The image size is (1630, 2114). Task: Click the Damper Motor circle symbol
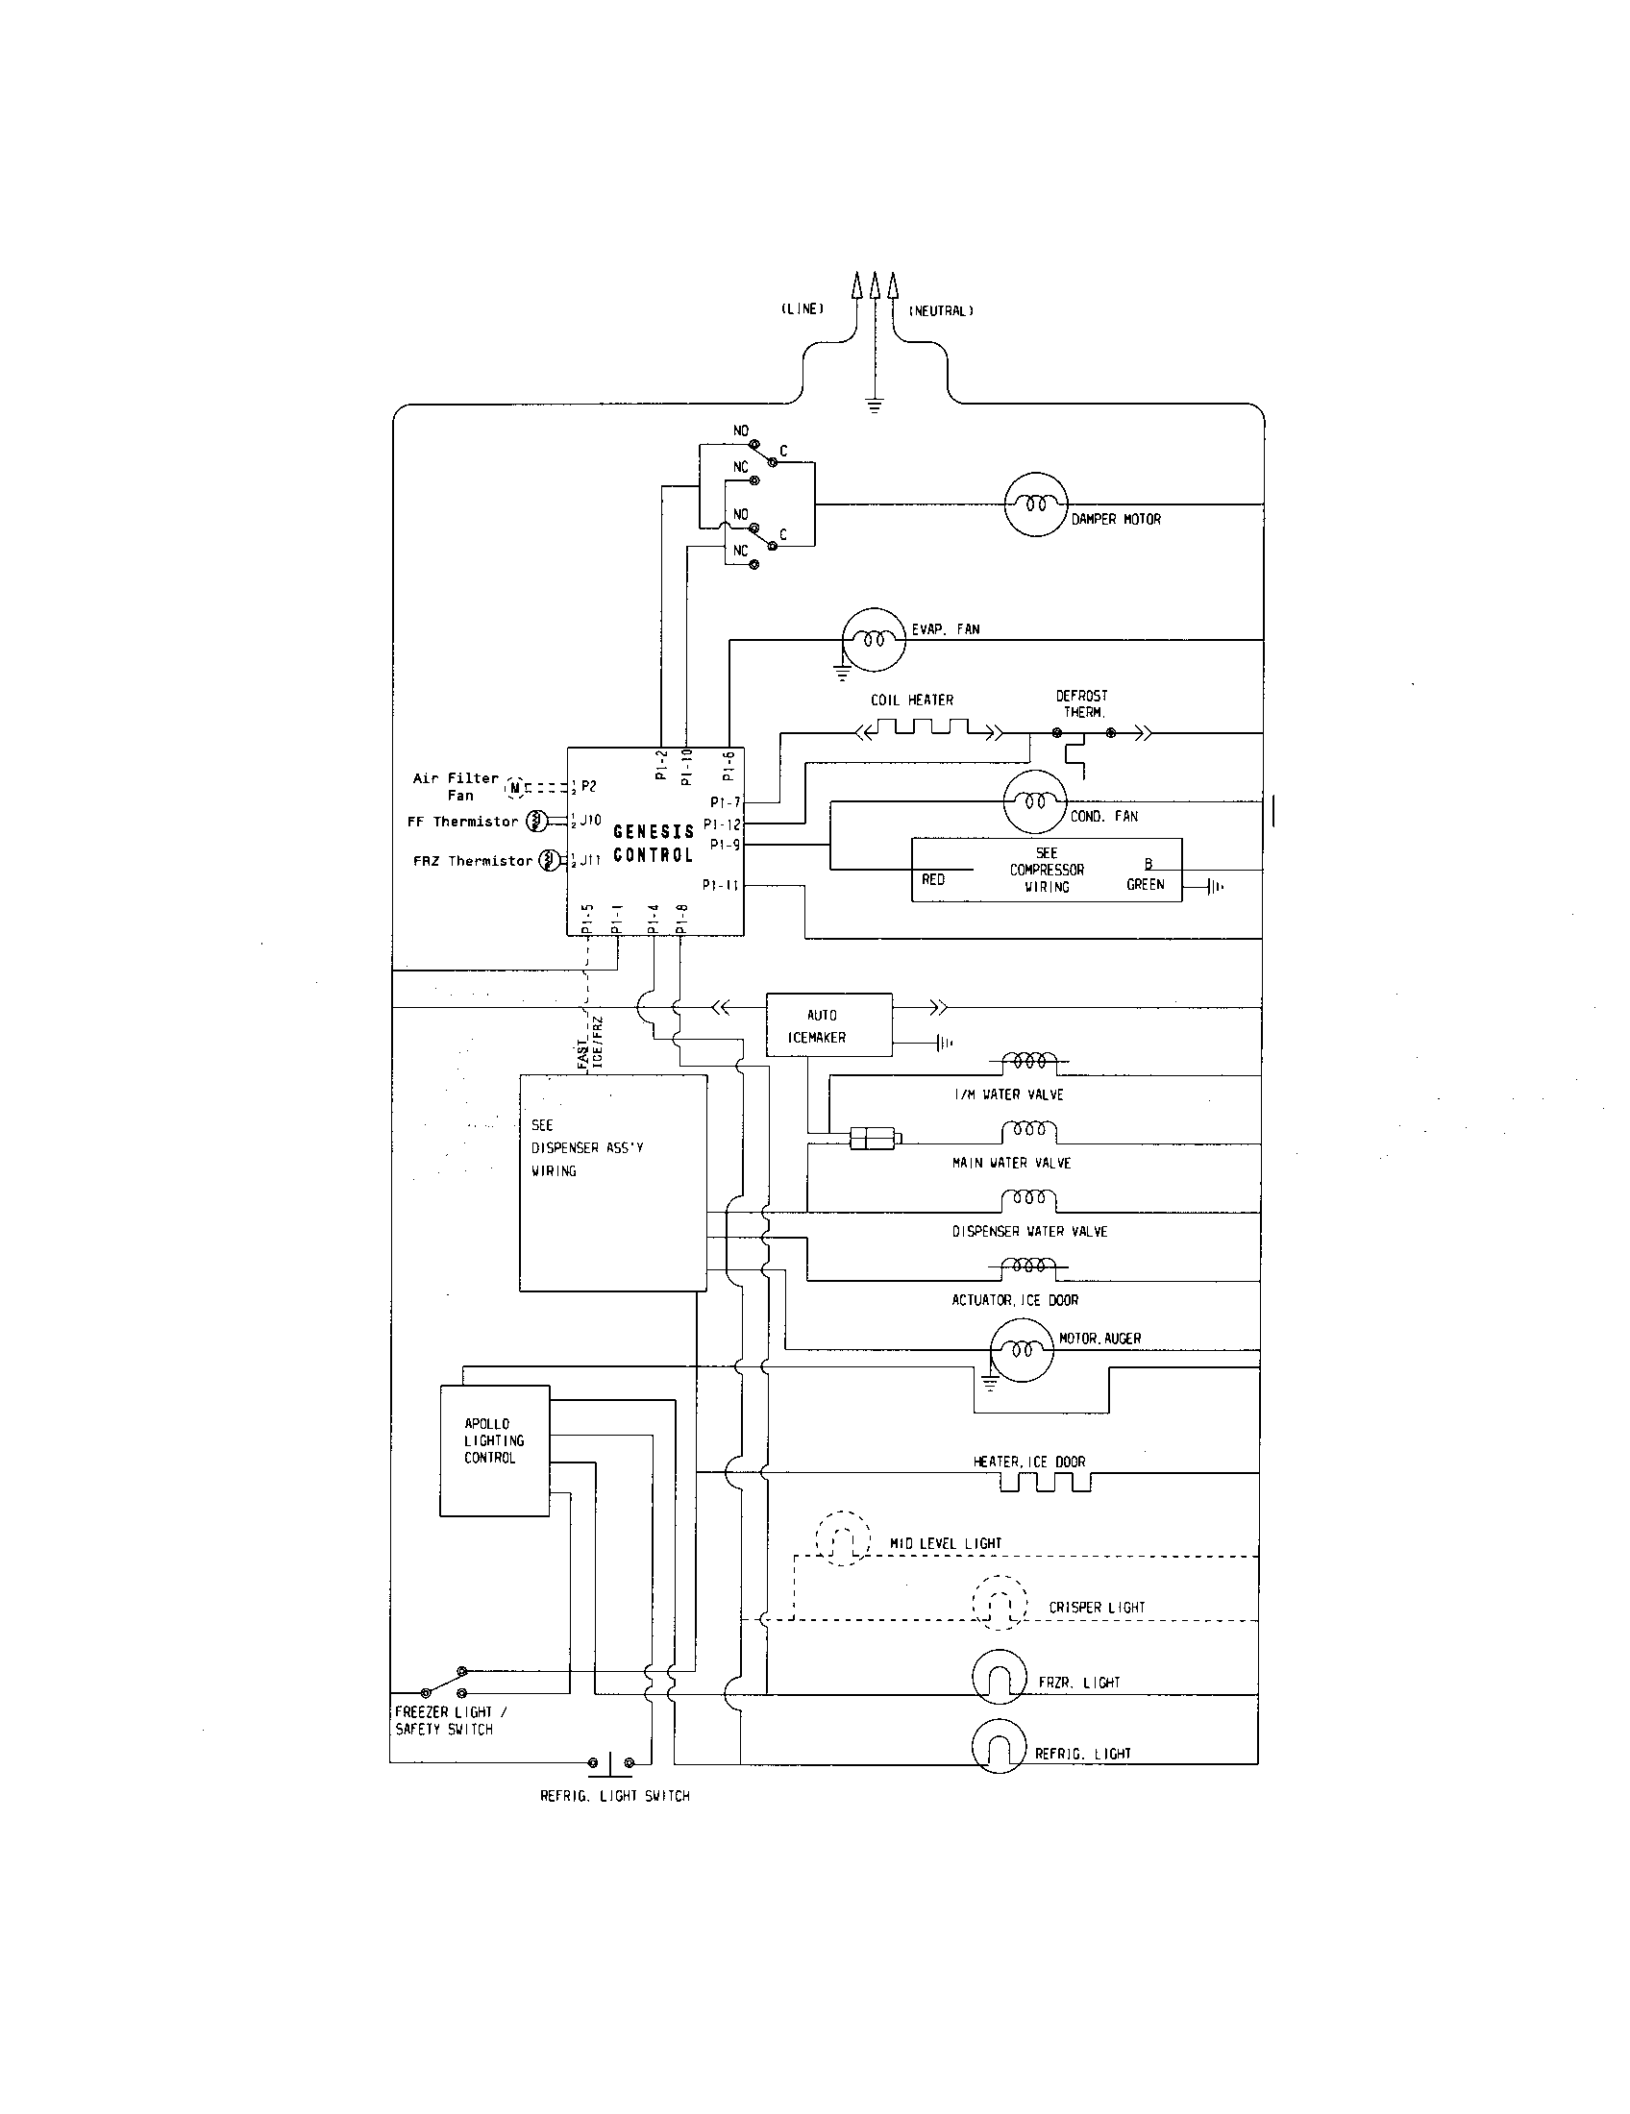coord(1035,504)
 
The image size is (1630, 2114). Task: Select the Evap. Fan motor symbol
coord(873,640)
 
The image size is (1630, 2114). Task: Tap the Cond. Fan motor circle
coord(1035,801)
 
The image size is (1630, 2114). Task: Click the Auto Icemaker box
coord(828,1025)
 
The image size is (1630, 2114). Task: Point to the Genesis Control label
coord(654,843)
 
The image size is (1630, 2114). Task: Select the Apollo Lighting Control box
coord(495,1450)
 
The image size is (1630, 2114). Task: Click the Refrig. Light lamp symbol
coord(999,1746)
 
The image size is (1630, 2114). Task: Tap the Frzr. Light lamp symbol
coord(999,1677)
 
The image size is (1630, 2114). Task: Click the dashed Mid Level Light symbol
coord(842,1539)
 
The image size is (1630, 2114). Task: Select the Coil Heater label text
coord(912,700)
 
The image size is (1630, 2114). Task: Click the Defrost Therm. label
coord(1082,703)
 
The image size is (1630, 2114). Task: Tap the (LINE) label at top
coord(803,309)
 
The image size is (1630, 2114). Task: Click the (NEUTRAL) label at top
coord(941,310)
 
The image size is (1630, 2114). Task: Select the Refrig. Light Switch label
coord(615,1797)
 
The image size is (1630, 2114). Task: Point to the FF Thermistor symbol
coord(535,822)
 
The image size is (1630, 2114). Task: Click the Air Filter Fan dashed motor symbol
coord(515,788)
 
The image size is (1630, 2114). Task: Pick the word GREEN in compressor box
coord(1145,885)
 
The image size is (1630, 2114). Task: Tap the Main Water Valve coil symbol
coord(1029,1132)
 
